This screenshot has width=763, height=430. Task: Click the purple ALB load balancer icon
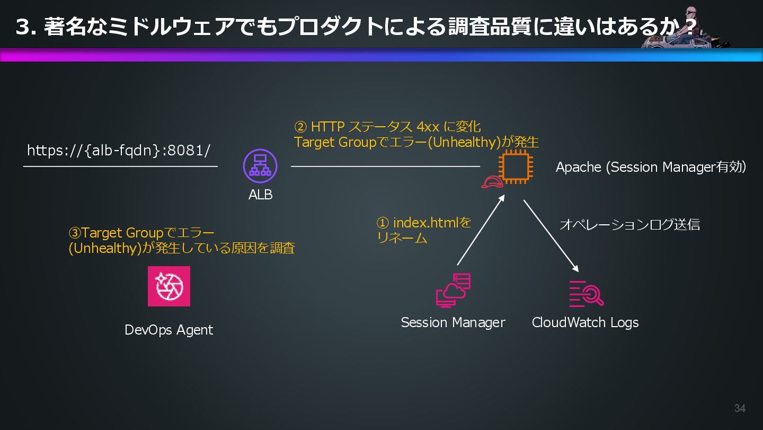(260, 166)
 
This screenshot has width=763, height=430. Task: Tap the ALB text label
(260, 195)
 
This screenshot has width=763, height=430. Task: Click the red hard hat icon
(492, 182)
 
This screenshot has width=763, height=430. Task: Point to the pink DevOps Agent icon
(169, 286)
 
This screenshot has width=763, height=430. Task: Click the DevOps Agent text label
(168, 330)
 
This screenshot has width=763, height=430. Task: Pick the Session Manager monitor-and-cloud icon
(453, 291)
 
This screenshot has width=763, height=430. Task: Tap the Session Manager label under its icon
(453, 322)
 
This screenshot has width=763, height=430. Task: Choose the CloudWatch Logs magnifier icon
(586, 294)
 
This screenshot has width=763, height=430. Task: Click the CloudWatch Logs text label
(585, 322)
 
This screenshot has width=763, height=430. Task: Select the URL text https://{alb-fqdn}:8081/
(119, 151)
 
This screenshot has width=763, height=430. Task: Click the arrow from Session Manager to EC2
(480, 231)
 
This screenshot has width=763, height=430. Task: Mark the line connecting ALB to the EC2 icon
(385, 166)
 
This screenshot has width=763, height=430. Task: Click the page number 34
(740, 408)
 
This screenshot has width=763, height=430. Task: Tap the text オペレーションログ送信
(629, 224)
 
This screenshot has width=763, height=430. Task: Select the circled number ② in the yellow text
(300, 127)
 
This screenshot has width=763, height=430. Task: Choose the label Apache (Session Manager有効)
(651, 167)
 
